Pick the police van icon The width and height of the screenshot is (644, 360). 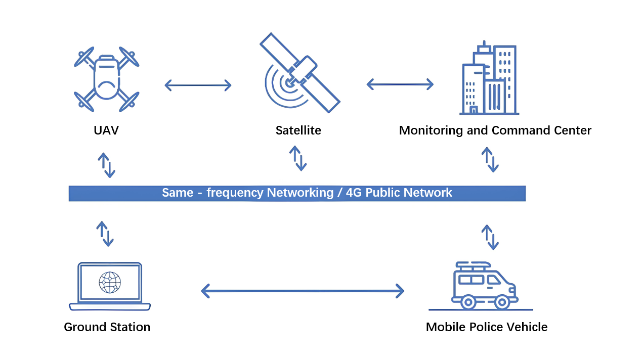[x=485, y=286]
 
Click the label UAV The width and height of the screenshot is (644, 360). [x=106, y=130]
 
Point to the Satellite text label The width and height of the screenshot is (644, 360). [x=298, y=130]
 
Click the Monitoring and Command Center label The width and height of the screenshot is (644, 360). [x=495, y=130]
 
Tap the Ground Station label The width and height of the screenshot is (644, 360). [x=107, y=327]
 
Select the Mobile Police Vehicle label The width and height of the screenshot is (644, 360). [x=487, y=327]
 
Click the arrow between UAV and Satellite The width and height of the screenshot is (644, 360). [x=198, y=85]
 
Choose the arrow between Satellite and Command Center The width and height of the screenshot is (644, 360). [x=400, y=84]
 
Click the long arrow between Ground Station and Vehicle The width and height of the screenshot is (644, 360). [x=303, y=291]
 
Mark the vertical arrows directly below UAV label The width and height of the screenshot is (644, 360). [x=106, y=165]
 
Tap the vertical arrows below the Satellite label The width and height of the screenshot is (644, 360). [x=298, y=158]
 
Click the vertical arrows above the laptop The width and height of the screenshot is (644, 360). [x=105, y=234]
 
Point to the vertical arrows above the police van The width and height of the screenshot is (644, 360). [x=490, y=237]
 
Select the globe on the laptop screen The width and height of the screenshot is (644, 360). [x=110, y=282]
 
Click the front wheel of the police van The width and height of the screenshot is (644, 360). [x=501, y=302]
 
